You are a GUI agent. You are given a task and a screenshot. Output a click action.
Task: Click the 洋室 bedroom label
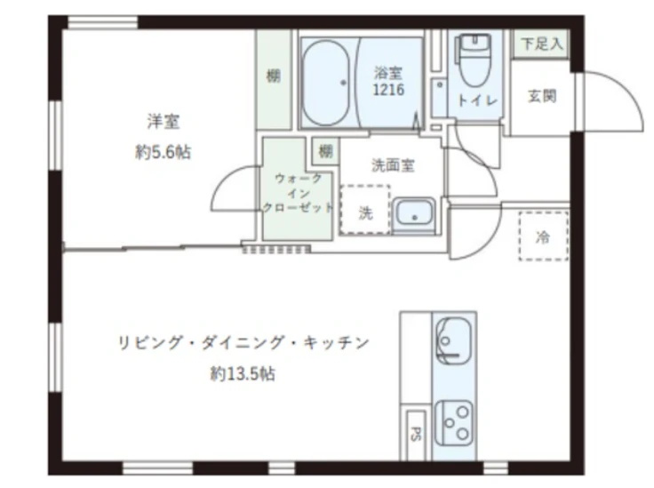tap(163, 122)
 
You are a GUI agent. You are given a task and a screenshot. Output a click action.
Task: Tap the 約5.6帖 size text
tap(163, 152)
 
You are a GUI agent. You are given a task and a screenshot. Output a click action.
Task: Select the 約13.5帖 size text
tap(243, 373)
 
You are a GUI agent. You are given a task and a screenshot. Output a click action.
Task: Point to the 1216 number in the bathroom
tap(388, 90)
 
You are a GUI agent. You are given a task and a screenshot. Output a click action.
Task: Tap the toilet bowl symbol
tap(475, 60)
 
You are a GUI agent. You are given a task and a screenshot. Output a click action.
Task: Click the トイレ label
tap(477, 100)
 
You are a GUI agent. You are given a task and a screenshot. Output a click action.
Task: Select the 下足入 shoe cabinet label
tap(541, 44)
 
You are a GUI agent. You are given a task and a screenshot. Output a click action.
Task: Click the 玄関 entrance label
tap(542, 96)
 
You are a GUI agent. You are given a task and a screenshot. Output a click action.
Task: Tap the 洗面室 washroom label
tap(393, 165)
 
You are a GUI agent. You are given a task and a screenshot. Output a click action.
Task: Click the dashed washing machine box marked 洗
tap(365, 210)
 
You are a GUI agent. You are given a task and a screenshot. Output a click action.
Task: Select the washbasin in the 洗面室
tap(414, 212)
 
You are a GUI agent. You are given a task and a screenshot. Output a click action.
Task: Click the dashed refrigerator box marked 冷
tap(544, 236)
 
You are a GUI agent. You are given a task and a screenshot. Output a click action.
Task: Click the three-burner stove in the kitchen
tap(454, 422)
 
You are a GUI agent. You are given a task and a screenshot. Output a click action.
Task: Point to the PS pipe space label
tap(416, 434)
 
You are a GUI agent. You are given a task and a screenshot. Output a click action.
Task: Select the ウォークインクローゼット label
tap(298, 193)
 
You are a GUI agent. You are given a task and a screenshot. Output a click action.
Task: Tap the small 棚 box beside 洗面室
tap(326, 151)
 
